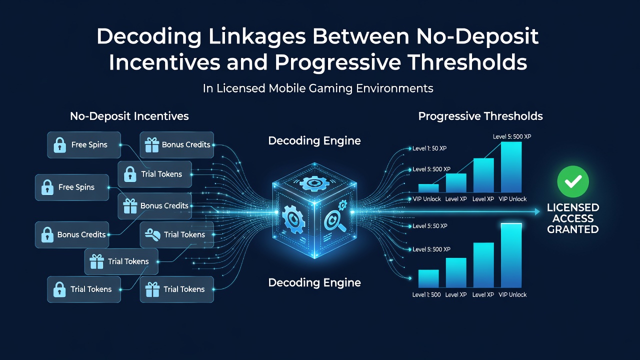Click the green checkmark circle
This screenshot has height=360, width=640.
pos(573,181)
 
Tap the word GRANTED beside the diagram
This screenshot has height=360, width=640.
pos(573,229)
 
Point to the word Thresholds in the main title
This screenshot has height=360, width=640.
pos(467,62)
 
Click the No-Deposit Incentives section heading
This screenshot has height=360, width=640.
pos(129,116)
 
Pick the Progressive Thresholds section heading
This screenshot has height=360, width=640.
pos(480,116)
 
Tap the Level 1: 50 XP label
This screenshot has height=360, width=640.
pos(429,148)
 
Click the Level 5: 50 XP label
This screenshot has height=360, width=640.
pos(430,226)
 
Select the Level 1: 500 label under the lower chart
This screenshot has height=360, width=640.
pos(426,294)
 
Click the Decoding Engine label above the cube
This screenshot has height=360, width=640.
pos(314,141)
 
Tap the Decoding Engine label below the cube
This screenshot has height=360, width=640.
pos(314,283)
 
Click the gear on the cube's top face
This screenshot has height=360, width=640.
pos(314,183)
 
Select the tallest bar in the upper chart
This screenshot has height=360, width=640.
pos(511,167)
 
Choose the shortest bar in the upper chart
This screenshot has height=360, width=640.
pos(428,188)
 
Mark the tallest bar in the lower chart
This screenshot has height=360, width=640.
pos(511,255)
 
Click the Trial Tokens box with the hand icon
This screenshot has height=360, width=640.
pos(177,235)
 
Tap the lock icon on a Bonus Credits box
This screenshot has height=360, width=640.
pos(47,235)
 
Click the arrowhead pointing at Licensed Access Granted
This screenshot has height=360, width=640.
pos(537,211)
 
